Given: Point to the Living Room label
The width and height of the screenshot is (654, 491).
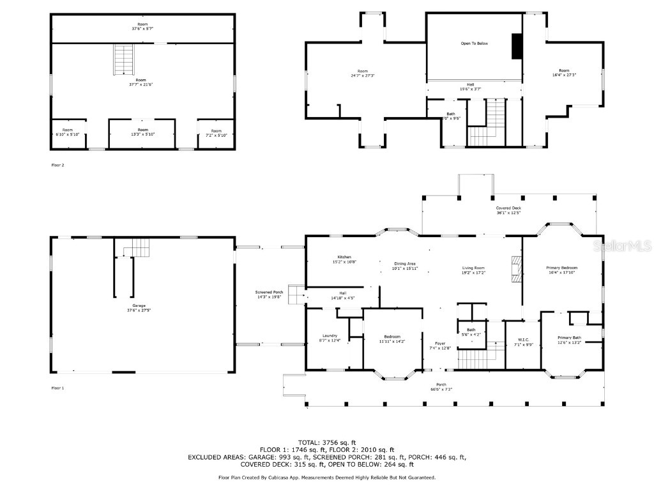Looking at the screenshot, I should (473, 268).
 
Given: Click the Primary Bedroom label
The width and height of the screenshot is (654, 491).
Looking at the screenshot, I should (561, 268).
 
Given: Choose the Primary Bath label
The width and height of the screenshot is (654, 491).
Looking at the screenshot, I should (569, 338).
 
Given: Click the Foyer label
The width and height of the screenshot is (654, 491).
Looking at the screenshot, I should (441, 343).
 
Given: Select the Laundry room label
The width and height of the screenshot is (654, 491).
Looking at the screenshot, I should (330, 336).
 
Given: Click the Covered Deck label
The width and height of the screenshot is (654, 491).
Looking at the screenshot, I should (508, 208).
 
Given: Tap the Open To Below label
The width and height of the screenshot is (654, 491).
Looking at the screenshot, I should (474, 43).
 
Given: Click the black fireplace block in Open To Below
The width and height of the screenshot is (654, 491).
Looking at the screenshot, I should (516, 46).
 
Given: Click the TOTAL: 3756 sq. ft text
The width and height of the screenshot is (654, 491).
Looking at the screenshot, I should (326, 442).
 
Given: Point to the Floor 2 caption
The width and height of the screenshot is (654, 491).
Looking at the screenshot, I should (57, 165).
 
